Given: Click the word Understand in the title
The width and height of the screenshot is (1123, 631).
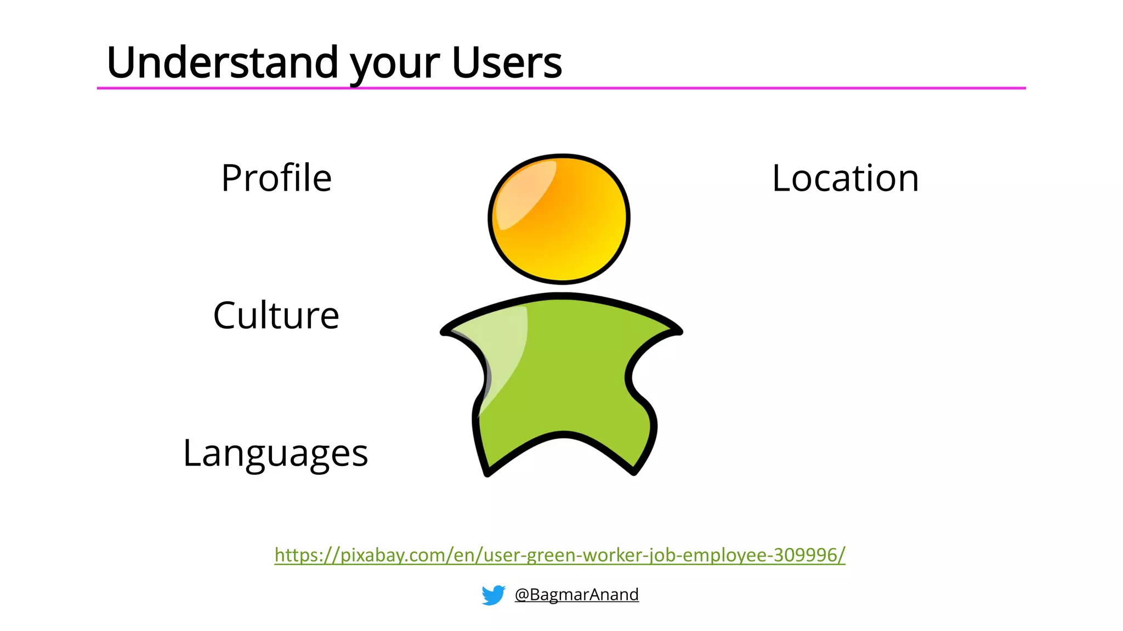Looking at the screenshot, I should [x=223, y=63].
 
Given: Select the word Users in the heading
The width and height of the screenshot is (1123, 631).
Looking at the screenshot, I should [x=507, y=63].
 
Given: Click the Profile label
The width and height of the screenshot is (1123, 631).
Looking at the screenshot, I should [x=276, y=178].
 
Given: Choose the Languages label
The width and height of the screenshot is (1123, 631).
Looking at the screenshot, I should [x=275, y=454].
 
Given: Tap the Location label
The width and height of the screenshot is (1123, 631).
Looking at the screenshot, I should [x=845, y=178].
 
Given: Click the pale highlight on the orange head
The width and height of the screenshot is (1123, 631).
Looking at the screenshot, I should [x=524, y=192].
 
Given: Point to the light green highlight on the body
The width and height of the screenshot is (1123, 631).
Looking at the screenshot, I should [x=502, y=351].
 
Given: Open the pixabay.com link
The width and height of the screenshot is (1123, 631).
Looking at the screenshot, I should [x=559, y=555].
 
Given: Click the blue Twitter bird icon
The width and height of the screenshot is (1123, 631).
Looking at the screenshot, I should [x=493, y=595].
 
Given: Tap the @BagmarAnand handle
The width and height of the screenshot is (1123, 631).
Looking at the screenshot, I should [x=576, y=594].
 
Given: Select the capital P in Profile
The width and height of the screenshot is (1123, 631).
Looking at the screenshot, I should [x=231, y=178].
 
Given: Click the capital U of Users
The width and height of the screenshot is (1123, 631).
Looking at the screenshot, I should [x=464, y=62].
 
